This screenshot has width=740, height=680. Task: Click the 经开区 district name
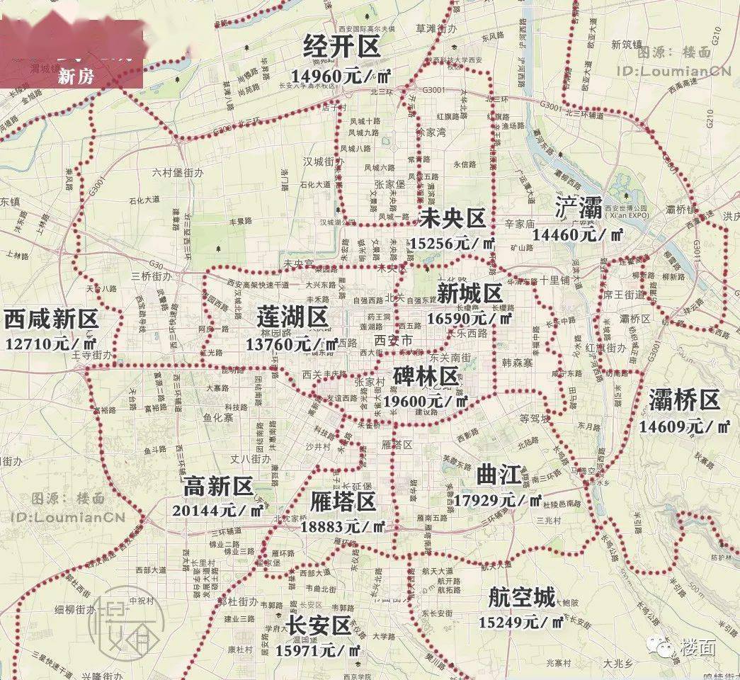point(342,47)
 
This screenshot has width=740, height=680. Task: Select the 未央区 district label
point(452,219)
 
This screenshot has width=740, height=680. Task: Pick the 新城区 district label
point(469,293)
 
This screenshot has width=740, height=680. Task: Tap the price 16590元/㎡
point(469,318)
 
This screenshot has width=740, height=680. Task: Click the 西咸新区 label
point(50,319)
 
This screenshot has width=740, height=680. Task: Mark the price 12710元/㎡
point(50,344)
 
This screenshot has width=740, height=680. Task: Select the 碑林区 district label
point(426,376)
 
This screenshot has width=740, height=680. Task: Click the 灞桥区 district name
point(684,401)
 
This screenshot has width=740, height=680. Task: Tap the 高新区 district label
point(218,486)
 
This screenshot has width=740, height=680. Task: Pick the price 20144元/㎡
point(219,510)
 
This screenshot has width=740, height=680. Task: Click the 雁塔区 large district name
point(343,502)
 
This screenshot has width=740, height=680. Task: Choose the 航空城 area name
point(522,598)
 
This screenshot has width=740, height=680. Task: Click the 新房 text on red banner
point(74,77)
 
